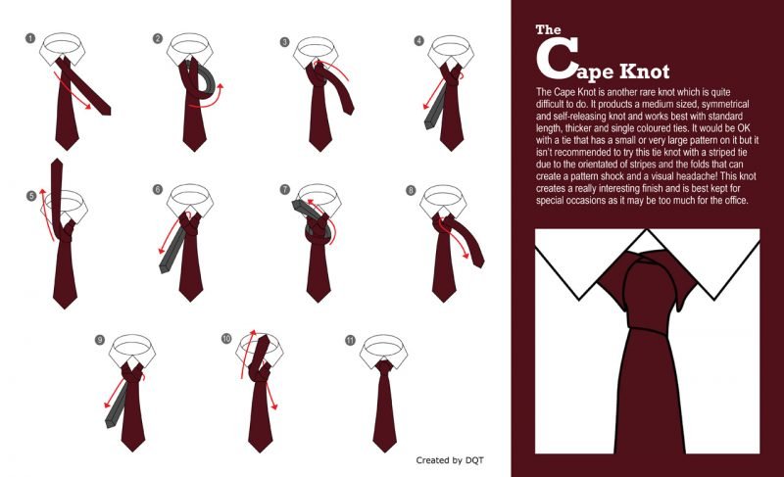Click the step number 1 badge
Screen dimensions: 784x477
tap(30, 38)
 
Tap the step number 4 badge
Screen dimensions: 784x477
tap(419, 40)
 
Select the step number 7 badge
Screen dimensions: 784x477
tap(285, 189)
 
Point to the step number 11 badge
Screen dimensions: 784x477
tap(350, 340)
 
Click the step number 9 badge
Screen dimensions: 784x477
tap(100, 340)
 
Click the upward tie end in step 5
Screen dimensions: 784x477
tap(58, 195)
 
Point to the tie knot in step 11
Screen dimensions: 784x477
tap(384, 366)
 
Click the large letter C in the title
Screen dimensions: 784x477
tap(557, 59)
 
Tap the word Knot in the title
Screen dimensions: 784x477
tap(645, 72)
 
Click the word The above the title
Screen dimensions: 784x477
tap(548, 29)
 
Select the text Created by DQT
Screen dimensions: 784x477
tap(450, 460)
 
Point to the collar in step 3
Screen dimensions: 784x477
tap(315, 51)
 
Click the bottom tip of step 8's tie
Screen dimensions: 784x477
tap(444, 302)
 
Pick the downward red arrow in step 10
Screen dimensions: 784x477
tap(270, 396)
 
